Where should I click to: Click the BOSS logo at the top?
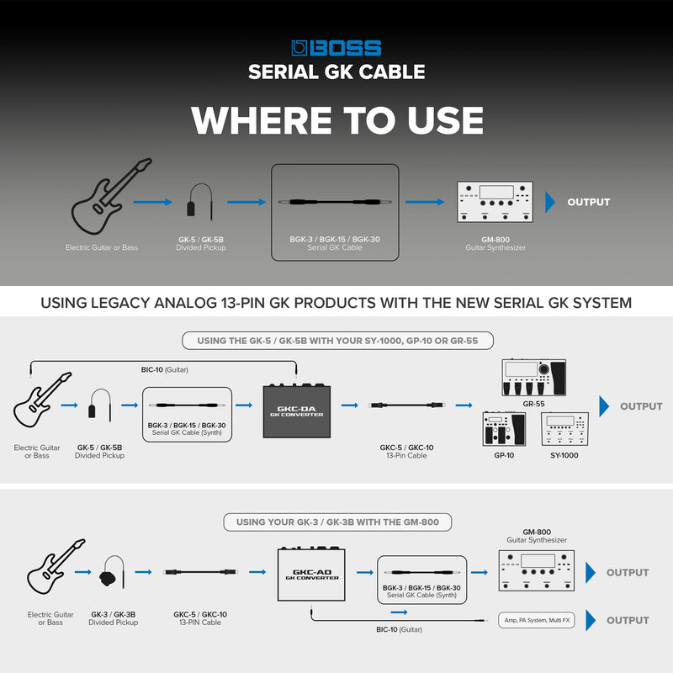click(x=336, y=48)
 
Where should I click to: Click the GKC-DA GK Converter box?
click(x=297, y=411)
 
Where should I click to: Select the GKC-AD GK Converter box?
click(x=311, y=574)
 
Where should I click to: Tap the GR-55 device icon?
click(x=533, y=377)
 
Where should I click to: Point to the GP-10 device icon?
click(x=504, y=429)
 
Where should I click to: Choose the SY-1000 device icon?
click(x=564, y=429)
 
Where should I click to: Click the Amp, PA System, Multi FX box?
click(x=537, y=620)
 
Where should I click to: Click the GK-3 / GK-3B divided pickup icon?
click(x=113, y=573)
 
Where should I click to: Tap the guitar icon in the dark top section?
click(x=111, y=196)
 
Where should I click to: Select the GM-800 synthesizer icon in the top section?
click(x=495, y=202)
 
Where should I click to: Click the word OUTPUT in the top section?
click(x=588, y=202)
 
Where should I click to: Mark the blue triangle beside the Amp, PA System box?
click(x=591, y=620)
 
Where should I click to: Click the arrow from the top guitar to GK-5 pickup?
click(x=152, y=202)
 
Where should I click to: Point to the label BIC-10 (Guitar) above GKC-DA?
click(x=164, y=369)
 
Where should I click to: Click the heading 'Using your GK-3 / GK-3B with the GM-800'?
click(x=337, y=522)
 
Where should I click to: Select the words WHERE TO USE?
click(x=337, y=120)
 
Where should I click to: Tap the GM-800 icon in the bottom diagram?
click(x=537, y=571)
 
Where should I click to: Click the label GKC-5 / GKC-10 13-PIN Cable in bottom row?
click(x=200, y=618)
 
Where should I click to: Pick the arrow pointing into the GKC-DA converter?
click(x=244, y=405)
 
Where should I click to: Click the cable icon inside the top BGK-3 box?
click(x=335, y=202)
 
